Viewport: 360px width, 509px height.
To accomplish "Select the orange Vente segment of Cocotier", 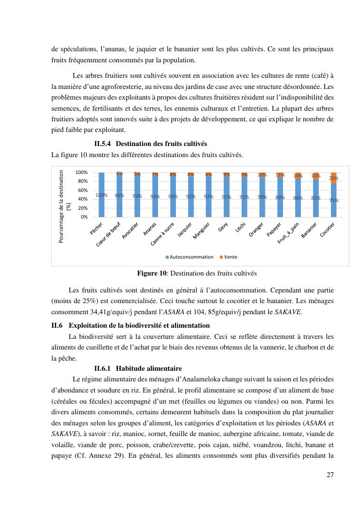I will tap(333, 177).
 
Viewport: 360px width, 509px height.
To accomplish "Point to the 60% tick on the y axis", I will tap(82, 190).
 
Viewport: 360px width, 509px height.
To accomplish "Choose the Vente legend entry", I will tap(230, 257).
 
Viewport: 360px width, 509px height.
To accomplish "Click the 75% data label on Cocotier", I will tap(333, 200).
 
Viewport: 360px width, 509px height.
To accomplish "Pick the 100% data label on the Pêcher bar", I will tap(101, 195).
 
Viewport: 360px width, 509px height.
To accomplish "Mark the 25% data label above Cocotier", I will tap(333, 178).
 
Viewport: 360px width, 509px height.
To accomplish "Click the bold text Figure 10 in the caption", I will tap(152, 274).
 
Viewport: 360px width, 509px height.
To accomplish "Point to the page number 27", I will tap(330, 475).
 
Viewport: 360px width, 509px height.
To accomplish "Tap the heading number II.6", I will tap(58, 325).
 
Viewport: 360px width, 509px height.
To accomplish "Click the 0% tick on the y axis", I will tap(84, 217).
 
